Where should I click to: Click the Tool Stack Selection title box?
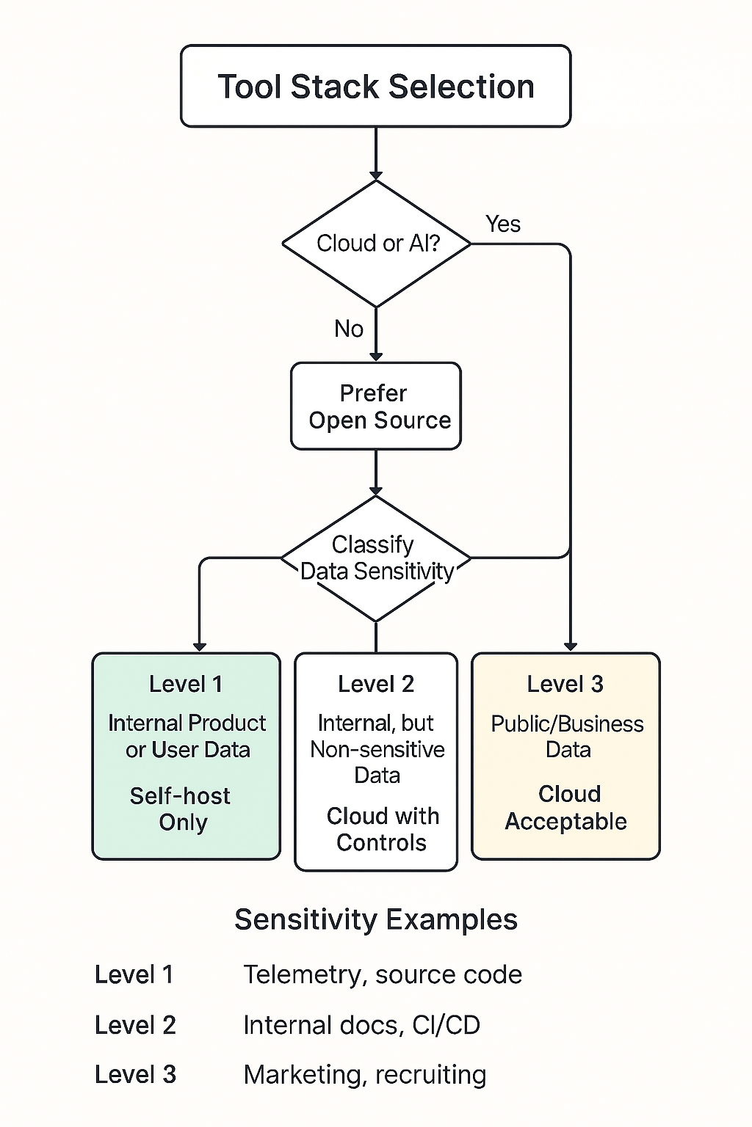click(x=375, y=87)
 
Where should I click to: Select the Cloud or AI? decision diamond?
click(x=376, y=244)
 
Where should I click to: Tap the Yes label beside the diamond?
click(x=503, y=224)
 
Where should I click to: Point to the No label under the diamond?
click(x=349, y=329)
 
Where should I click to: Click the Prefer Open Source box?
click(x=376, y=406)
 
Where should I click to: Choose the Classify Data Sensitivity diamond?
click(x=376, y=558)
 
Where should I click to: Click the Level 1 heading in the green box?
click(x=185, y=684)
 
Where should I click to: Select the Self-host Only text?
click(x=181, y=809)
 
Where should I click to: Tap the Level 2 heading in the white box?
click(x=376, y=684)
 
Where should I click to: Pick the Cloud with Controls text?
click(x=381, y=829)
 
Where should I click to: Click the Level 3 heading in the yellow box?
click(x=565, y=684)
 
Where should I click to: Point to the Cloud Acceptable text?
click(x=566, y=808)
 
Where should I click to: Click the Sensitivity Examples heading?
click(x=376, y=919)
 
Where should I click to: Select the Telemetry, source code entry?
click(x=383, y=974)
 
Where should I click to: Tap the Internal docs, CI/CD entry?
click(x=361, y=1025)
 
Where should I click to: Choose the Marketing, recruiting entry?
click(x=364, y=1075)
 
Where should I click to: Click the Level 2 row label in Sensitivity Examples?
click(x=135, y=1025)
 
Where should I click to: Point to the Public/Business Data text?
click(x=567, y=737)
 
